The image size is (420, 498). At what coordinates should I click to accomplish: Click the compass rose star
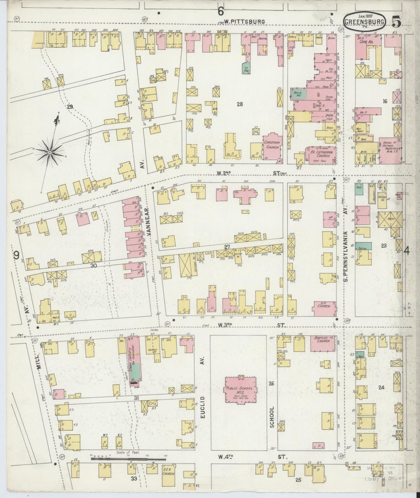50,152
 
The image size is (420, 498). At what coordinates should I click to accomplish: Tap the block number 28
240,104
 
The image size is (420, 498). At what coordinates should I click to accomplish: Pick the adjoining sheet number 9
17,255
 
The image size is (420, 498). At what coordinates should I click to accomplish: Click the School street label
272,417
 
